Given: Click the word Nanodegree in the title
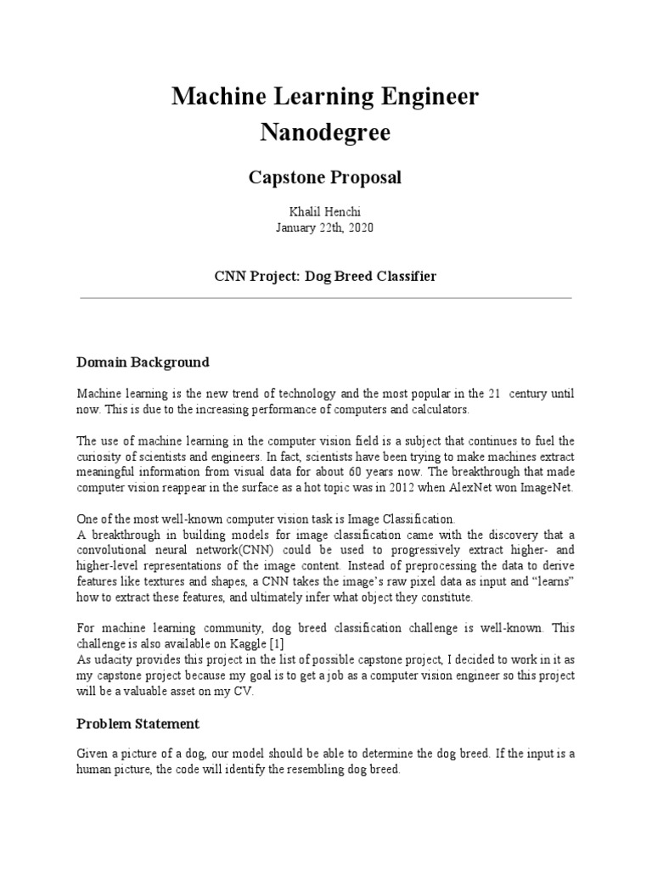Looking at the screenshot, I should point(325,133).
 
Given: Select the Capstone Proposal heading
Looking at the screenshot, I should point(325,178).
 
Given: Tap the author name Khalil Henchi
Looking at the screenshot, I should point(325,210).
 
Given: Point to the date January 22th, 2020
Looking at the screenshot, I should point(325,227).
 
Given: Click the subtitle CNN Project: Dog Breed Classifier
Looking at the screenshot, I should point(325,278).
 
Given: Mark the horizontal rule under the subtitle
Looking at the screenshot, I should point(325,298).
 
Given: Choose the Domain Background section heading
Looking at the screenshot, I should point(143,362).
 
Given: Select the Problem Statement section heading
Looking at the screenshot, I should point(138,724).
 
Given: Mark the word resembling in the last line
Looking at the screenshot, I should point(301,770).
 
